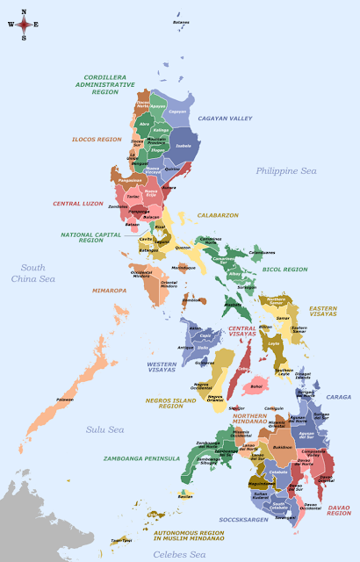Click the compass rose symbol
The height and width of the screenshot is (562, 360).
tap(23, 25)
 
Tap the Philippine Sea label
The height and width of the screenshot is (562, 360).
tap(285, 170)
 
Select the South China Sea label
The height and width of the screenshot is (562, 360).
tap(33, 273)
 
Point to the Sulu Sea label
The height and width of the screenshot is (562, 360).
tap(104, 429)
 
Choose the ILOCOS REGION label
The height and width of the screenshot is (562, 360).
tap(97, 139)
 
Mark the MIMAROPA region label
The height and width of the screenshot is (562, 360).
tap(110, 290)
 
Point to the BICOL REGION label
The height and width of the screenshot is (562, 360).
tap(284, 270)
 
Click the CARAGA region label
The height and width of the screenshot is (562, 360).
tap(338, 397)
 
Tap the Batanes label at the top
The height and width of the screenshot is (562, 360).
tap(181, 22)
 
